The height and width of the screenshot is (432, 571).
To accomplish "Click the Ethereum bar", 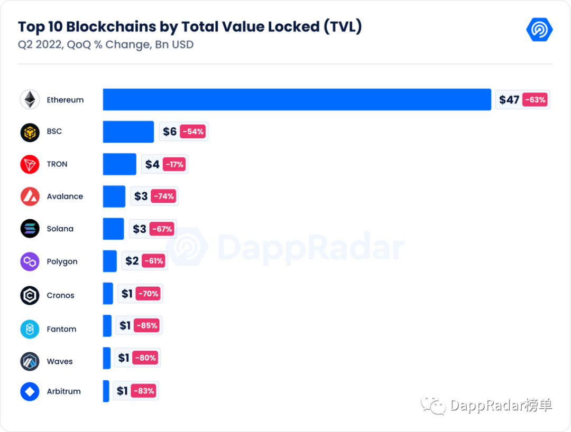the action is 297,99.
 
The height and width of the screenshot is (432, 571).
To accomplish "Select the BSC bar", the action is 128,132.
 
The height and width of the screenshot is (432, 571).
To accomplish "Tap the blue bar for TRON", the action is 119,164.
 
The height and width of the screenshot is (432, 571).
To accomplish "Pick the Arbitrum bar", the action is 106,391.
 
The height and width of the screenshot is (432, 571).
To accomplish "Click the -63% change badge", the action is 535,100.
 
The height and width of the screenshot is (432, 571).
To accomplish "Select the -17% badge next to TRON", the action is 174,164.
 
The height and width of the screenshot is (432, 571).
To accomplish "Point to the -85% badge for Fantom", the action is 147,325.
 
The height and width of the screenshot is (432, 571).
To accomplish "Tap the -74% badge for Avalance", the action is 164,196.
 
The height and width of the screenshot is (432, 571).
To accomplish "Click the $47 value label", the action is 509,100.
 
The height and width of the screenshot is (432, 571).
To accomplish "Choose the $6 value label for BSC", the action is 170,132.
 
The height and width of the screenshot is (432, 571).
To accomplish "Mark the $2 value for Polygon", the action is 132,261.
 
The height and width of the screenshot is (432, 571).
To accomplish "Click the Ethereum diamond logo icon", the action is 30,99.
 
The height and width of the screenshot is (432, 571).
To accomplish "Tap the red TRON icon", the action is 30,164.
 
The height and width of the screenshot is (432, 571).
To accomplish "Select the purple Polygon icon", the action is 30,261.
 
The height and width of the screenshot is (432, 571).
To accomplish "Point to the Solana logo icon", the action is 30,229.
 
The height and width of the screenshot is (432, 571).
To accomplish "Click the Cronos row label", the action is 60,295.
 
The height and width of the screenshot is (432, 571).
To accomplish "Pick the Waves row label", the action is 60,361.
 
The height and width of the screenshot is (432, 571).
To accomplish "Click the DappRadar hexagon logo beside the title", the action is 539,30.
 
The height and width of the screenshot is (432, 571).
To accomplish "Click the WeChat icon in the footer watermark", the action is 434,405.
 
